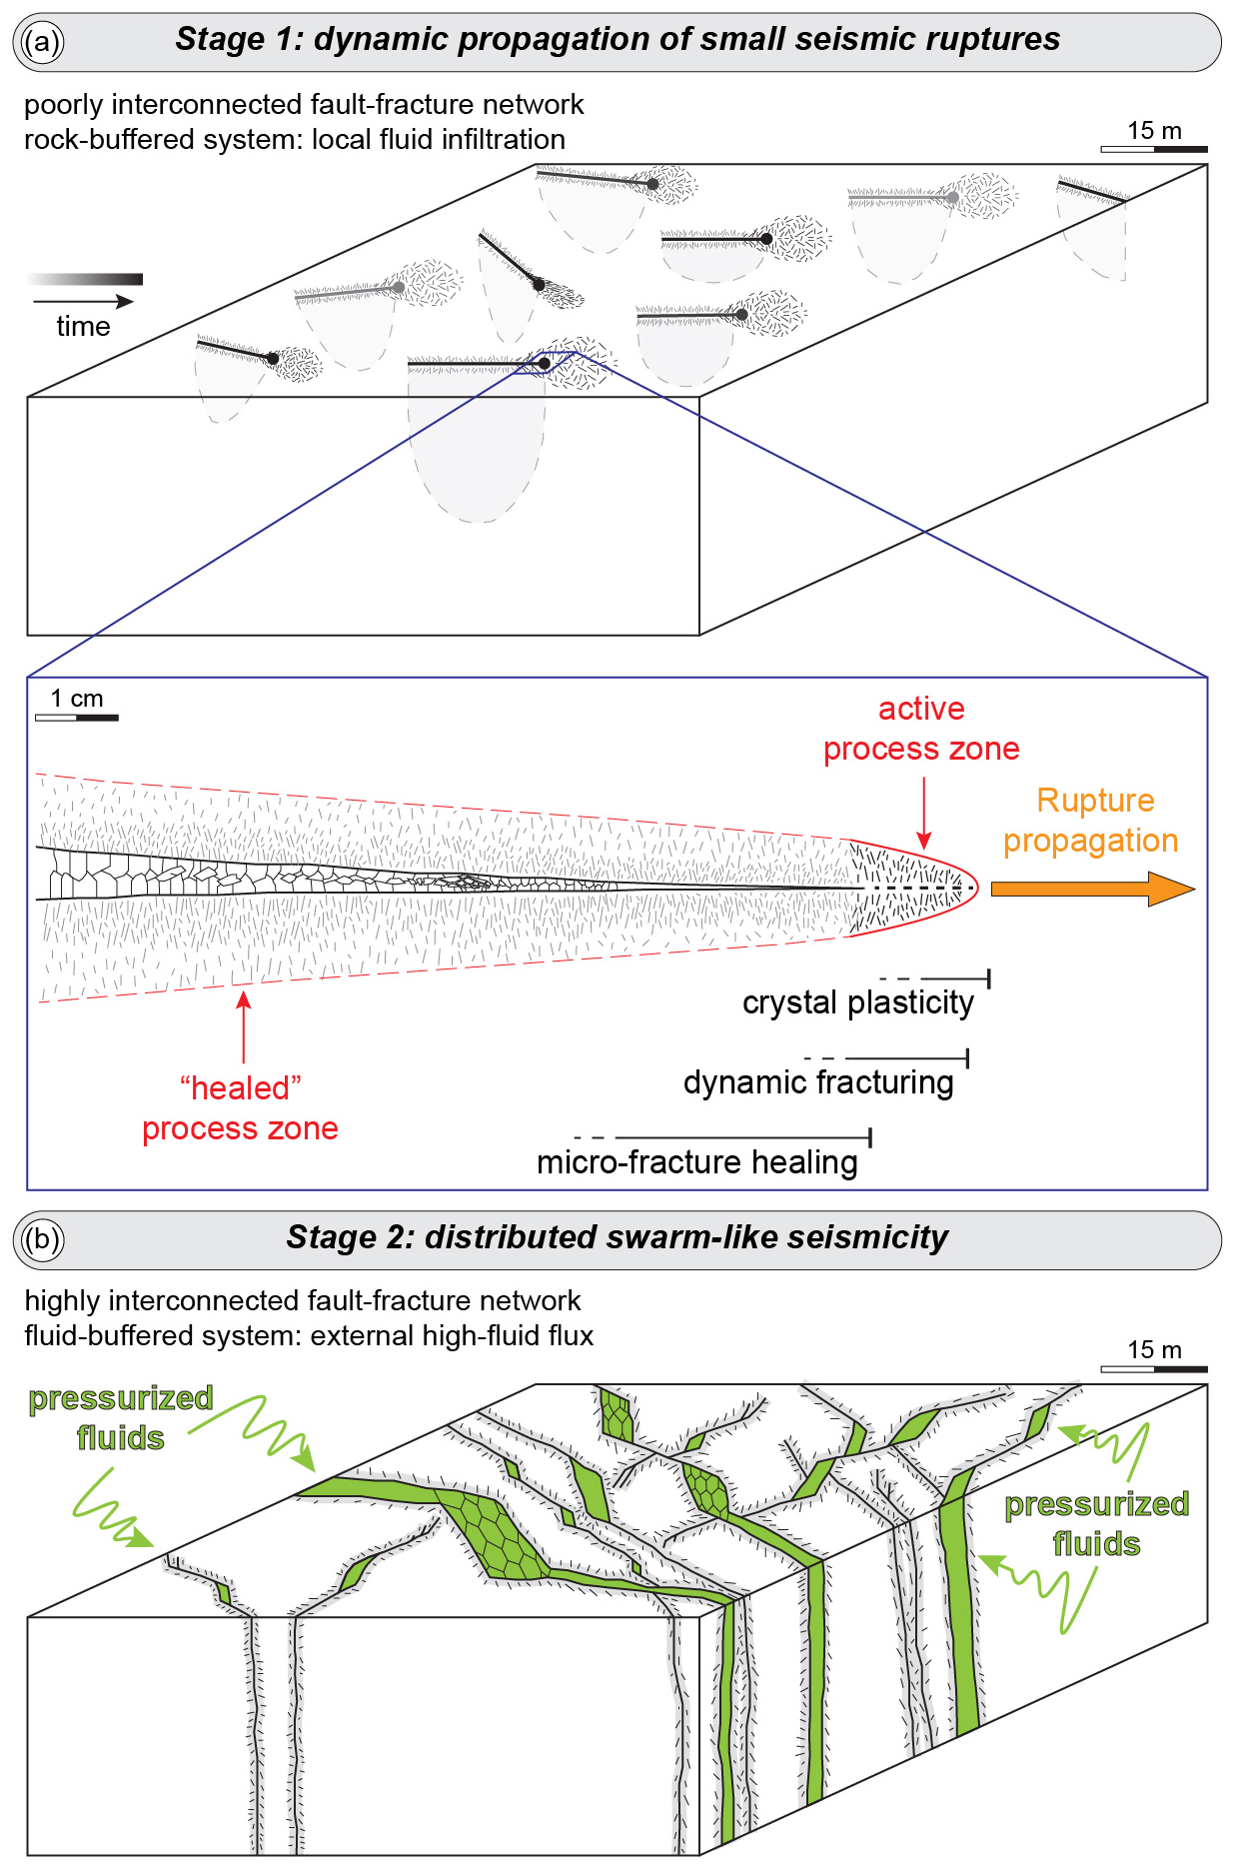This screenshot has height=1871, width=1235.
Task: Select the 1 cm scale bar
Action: [x=77, y=717]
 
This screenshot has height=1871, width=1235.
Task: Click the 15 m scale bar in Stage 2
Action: [x=1154, y=1368]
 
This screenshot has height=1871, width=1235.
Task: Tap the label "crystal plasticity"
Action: [x=857, y=1002]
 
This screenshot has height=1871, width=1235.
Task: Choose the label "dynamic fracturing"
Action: [x=818, y=1082]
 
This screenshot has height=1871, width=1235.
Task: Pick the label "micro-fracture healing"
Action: [x=696, y=1162]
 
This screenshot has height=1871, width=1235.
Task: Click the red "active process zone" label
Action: [x=921, y=729]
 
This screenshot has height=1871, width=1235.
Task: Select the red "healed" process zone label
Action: [x=240, y=1108]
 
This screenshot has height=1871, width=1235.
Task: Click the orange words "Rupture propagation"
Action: [x=1092, y=821]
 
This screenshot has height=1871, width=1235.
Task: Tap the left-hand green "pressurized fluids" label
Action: [x=120, y=1418]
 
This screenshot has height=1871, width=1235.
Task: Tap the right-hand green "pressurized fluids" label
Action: [x=1096, y=1524]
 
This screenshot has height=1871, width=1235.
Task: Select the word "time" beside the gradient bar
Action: [x=83, y=327]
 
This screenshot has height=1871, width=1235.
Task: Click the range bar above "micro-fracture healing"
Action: [x=739, y=1137]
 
